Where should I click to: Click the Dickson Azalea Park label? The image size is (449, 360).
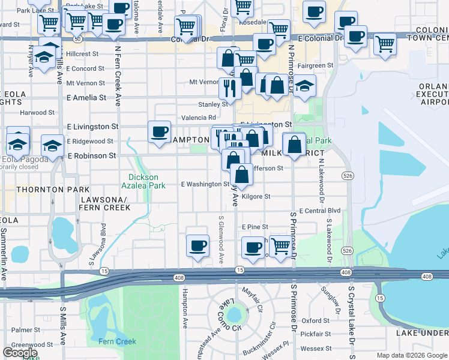143,181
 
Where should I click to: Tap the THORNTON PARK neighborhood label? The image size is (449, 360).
40,190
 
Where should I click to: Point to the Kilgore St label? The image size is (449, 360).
256,196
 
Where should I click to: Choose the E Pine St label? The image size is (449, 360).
255,227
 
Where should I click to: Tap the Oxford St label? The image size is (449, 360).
316,321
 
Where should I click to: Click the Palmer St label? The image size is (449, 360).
21,330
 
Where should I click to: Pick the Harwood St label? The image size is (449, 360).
37,112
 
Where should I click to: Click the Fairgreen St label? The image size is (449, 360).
315,65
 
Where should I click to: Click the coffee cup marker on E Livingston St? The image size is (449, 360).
159,131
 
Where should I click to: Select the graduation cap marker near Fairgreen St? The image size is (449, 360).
305,85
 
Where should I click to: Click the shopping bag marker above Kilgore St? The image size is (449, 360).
241,175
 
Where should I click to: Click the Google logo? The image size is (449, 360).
20,353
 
